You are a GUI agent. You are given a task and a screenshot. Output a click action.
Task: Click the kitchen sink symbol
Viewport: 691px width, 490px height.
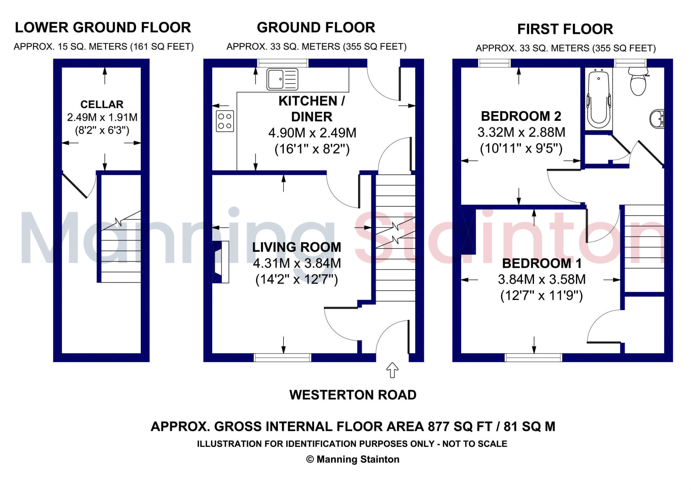click(282, 79)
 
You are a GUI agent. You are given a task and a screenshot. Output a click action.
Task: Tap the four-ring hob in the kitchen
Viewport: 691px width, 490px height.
click(225, 121)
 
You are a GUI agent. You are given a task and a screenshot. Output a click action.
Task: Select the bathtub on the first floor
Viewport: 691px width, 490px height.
click(599, 99)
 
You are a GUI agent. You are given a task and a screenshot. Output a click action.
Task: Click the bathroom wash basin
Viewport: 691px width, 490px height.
click(657, 119)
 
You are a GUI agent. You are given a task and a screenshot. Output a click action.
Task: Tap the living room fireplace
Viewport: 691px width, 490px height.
click(220, 262)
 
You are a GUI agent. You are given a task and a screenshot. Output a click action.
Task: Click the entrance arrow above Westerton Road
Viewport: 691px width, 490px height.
click(392, 370)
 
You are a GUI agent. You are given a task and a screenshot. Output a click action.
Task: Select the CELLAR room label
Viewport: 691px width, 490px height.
click(102, 104)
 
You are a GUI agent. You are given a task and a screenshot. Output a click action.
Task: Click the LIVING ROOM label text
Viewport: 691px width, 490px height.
click(297, 247)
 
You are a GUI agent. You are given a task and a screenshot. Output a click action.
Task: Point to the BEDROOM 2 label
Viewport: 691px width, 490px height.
click(521, 116)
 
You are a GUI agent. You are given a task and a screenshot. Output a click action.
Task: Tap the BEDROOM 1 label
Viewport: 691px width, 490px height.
click(542, 264)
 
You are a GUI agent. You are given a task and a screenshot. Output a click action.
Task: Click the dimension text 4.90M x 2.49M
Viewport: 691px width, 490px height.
click(312, 133)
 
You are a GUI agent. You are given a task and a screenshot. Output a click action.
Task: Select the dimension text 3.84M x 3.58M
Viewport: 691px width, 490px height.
click(542, 279)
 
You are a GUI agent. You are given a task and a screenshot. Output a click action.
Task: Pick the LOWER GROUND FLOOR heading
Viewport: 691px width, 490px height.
click(103, 28)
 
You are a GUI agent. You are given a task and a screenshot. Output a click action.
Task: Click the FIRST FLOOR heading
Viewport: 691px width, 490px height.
click(565, 29)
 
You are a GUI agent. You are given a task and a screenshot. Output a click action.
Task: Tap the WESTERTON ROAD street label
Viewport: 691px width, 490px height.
click(353, 395)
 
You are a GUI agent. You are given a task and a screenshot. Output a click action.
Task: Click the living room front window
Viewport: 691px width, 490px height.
click(282, 358)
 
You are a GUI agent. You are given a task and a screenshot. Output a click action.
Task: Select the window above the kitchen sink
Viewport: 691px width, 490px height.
click(283, 63)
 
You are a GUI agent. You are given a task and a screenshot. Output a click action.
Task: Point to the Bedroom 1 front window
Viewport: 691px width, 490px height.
click(533, 358)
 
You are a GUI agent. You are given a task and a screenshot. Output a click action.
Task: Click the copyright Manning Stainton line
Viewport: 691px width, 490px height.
click(353, 459)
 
